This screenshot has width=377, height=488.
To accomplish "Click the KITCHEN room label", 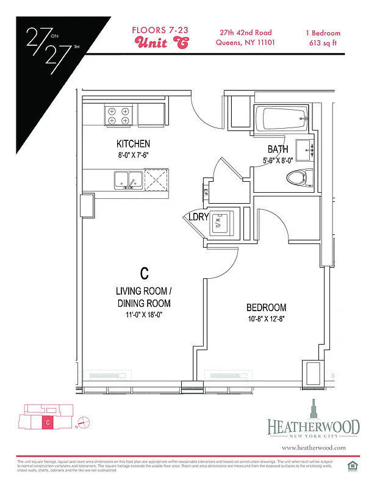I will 133,144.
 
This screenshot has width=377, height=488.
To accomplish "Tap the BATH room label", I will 278,149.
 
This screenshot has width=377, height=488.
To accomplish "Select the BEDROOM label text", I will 266,307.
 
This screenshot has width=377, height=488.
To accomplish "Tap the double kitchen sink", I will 127,179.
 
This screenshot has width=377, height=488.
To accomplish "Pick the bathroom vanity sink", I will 303,148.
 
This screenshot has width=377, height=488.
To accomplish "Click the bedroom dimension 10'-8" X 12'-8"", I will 266,319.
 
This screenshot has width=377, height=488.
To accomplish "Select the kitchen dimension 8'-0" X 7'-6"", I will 133,155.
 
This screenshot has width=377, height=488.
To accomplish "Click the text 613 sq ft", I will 323,43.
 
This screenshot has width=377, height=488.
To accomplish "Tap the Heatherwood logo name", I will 313,427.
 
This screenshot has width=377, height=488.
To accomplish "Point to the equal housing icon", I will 351,467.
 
